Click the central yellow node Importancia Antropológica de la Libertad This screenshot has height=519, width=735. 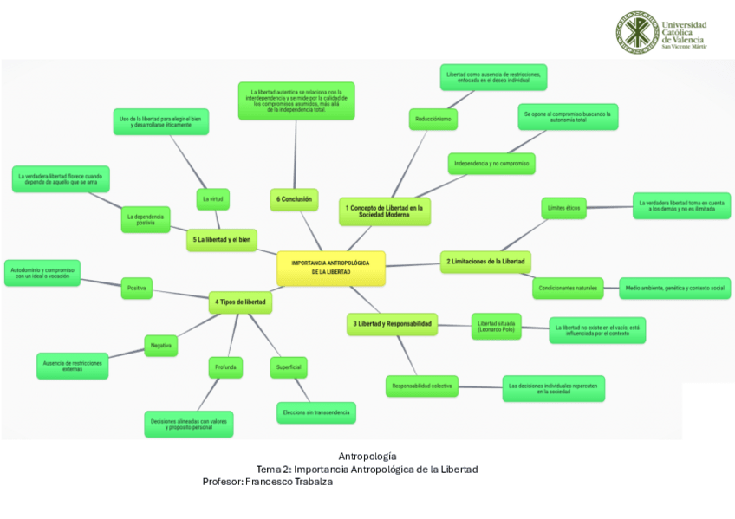point(330,267)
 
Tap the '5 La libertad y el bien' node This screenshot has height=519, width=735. point(221,239)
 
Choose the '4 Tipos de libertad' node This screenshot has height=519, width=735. point(241,302)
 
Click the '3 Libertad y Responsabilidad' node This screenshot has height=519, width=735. point(391,323)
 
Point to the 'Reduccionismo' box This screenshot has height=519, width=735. point(433,119)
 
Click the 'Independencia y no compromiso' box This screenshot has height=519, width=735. point(491,163)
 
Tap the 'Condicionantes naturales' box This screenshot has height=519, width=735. point(568,288)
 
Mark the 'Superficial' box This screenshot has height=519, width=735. point(289,367)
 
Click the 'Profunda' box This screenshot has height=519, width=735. point(225,367)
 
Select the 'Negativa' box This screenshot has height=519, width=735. point(160,345)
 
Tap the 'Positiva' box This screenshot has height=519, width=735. point(136,288)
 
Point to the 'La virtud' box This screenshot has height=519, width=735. point(212,199)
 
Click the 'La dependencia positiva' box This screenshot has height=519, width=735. point(146,219)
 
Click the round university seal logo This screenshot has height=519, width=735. point(636,32)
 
